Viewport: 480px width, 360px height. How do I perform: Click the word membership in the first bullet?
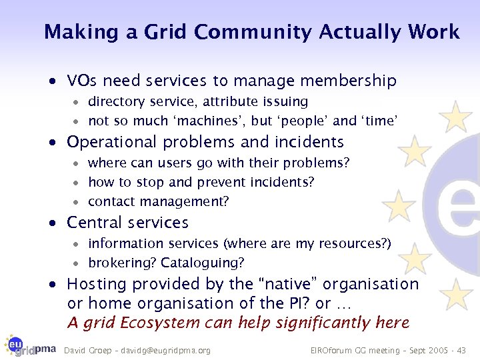(347, 81)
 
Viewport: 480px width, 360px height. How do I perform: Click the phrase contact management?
(158, 201)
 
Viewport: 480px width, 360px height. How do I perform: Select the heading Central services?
(127, 223)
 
